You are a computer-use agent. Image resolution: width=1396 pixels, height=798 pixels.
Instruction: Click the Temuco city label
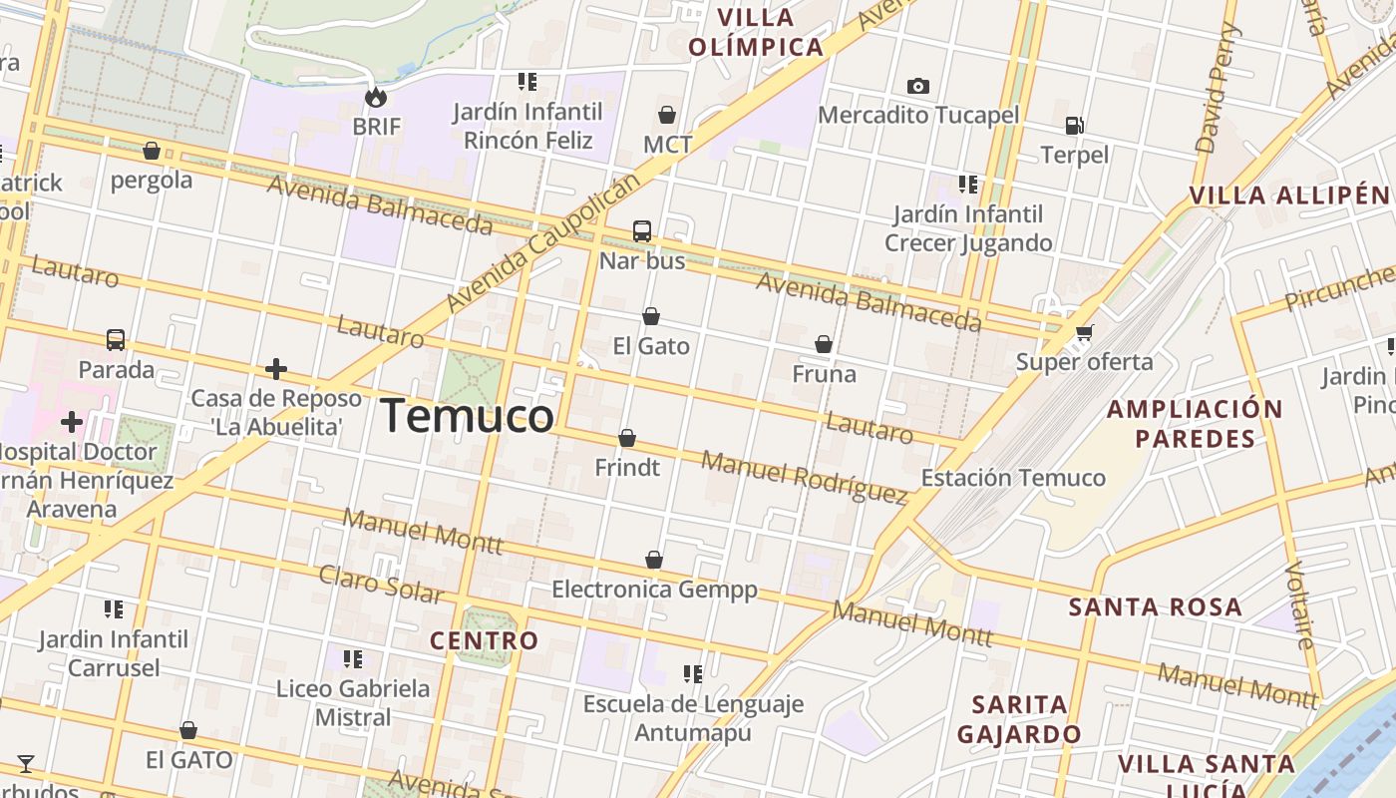(468, 415)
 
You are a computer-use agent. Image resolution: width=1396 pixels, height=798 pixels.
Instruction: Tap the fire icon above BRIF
(376, 97)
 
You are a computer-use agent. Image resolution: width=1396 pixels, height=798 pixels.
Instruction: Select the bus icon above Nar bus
(642, 231)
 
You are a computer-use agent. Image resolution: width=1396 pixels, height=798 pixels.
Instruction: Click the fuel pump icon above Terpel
(1074, 126)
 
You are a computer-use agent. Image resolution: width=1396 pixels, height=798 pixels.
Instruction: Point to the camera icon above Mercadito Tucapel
(918, 87)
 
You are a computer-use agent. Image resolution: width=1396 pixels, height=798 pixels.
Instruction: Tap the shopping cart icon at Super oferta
(1084, 332)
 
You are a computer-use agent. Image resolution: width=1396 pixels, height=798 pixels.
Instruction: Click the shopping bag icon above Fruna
(824, 344)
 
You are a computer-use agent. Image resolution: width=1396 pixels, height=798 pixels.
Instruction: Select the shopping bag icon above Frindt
(627, 438)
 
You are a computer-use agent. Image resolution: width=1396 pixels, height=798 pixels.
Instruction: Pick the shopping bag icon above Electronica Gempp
(654, 560)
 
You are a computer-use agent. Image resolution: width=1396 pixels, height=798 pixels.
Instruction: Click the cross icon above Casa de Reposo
(276, 370)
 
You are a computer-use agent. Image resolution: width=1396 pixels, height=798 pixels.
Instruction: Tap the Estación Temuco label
(1013, 478)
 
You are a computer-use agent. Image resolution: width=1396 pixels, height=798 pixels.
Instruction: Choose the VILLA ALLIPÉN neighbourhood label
(1288, 196)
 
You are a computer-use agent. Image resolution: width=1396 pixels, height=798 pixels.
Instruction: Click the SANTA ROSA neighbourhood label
(1156, 607)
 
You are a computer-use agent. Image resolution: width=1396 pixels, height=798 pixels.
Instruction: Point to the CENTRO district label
(484, 640)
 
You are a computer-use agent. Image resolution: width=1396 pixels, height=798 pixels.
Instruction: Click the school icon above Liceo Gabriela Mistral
(353, 659)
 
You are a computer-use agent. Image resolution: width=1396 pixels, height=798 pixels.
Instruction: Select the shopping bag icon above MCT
(667, 116)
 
